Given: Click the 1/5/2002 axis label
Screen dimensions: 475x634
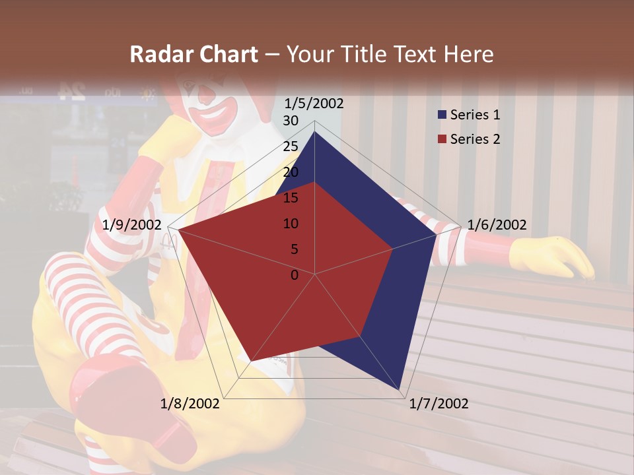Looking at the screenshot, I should pos(314,104).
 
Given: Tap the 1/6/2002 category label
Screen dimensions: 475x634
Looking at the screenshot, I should pos(497,225).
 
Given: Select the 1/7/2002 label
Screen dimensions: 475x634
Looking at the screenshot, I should pos(439,404).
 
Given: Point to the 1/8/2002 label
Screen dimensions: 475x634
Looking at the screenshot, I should pos(190,404).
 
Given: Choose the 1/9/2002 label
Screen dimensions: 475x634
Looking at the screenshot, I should pos(132,225).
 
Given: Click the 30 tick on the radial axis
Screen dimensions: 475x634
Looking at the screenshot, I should pos(291,121).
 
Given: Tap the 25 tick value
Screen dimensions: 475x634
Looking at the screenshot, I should pos(291,147).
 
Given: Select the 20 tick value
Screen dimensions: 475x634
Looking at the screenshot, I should pos(291,173).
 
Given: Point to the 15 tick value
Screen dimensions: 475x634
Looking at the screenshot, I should pos(291,199).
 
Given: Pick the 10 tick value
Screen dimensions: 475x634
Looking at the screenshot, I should pos(291,224).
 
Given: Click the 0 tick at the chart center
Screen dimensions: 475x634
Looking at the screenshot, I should pos(295,275).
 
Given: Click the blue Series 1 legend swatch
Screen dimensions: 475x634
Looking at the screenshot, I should pos(442,115).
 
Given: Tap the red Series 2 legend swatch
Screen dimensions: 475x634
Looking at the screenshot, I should pos(442,139).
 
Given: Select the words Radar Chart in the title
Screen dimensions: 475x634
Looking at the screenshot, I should pos(194,55).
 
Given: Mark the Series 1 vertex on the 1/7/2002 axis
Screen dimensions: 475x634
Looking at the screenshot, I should pos(400,389).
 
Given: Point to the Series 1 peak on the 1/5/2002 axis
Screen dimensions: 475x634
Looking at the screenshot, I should pos(314,132).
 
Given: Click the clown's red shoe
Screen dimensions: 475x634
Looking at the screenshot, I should pos(119,396).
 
